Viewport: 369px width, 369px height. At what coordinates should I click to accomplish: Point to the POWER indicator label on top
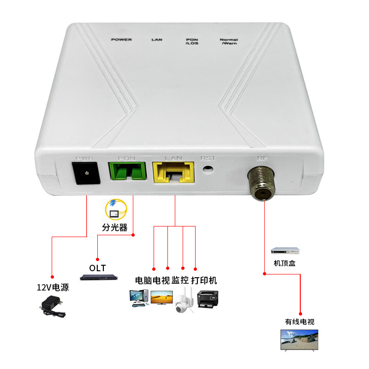click(121, 40)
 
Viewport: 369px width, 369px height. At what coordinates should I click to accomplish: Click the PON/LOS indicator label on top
click(192, 42)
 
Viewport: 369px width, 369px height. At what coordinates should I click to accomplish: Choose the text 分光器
click(114, 227)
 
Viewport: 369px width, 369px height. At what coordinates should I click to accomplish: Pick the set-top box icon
click(285, 251)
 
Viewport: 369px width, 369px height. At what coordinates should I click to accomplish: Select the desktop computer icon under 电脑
click(139, 298)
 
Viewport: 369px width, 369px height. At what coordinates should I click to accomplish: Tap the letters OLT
click(97, 268)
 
